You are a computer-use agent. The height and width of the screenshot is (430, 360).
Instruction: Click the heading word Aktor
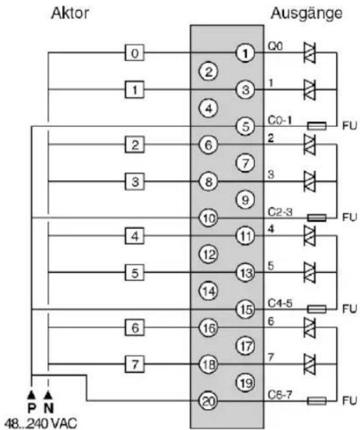point(70,13)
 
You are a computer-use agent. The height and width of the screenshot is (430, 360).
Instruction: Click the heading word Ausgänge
point(307,14)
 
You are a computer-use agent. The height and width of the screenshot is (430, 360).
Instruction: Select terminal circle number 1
point(245,53)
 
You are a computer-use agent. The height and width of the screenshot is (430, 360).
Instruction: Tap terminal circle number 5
point(245,126)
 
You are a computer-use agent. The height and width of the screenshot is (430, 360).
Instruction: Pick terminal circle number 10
point(208,218)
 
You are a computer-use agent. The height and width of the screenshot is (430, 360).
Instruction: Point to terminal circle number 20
point(208,401)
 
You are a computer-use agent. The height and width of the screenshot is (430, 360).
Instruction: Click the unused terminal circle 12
point(208,254)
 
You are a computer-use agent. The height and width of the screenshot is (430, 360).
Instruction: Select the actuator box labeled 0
point(135,52)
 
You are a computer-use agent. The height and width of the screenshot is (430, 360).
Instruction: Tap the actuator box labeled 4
point(135,236)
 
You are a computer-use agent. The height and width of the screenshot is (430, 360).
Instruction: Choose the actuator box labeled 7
point(135,364)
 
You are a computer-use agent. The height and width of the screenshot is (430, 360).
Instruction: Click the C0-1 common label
point(280,120)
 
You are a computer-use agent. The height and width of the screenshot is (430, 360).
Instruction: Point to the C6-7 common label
point(280,394)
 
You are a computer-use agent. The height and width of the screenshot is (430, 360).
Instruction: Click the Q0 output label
point(275,47)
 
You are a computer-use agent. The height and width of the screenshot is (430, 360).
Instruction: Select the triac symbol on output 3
point(310,181)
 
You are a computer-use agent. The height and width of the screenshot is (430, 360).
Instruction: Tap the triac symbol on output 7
point(310,364)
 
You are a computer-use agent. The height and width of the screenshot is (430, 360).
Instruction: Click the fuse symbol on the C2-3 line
point(317,218)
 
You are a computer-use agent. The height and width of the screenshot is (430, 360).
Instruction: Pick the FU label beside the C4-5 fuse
point(350,309)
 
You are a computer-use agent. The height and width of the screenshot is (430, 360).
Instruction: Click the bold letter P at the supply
point(32,409)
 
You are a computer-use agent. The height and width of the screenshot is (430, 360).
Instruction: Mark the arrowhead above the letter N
point(49,395)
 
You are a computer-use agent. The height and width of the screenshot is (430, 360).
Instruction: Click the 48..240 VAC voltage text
point(41,423)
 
